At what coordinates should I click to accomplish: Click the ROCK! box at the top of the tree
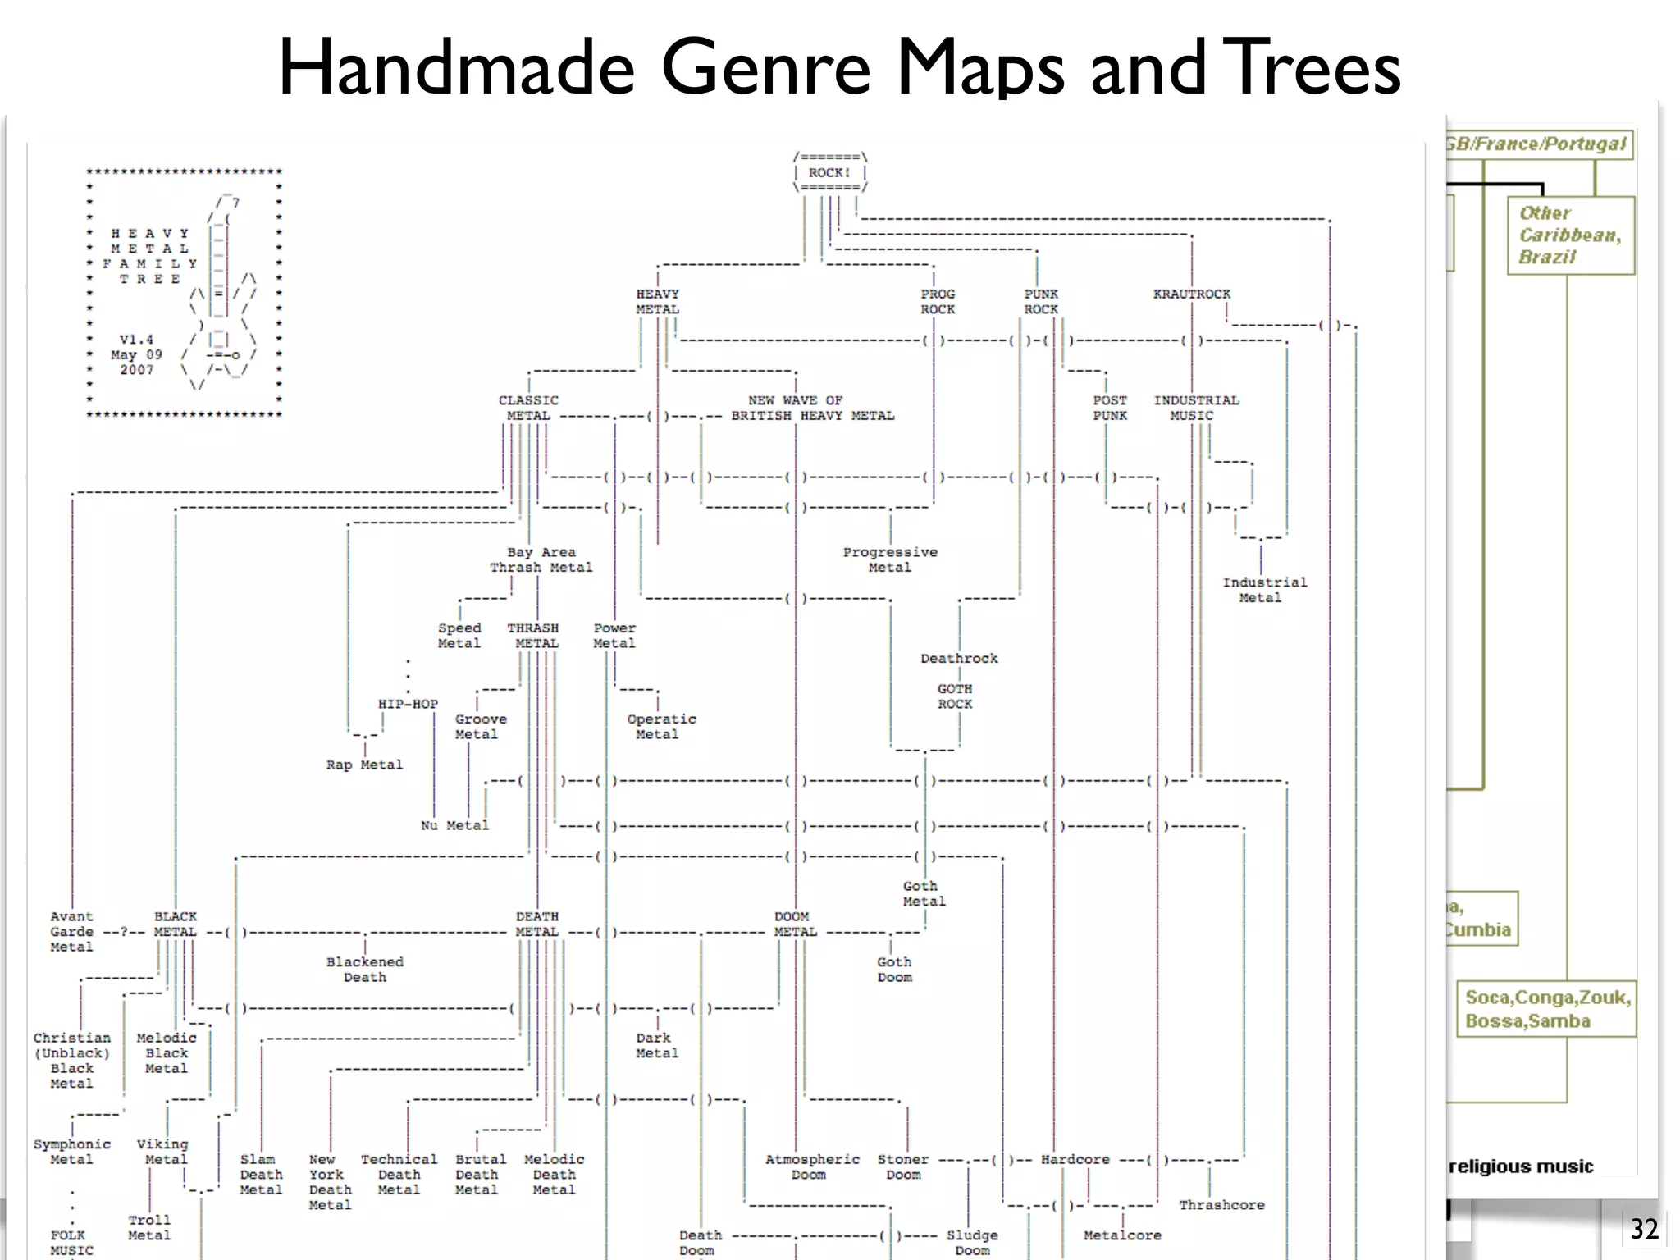829,172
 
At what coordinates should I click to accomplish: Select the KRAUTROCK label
1191,294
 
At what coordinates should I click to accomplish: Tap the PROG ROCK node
937,301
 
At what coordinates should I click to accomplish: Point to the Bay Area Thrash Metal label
541,559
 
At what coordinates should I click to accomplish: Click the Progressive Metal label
890,559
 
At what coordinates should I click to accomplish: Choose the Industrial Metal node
1264,590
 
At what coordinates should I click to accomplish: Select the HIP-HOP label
408,704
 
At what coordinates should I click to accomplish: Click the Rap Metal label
364,765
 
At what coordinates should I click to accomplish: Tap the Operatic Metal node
660,726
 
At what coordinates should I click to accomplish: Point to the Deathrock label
959,658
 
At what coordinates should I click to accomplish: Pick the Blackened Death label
364,969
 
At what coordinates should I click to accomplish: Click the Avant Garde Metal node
71,931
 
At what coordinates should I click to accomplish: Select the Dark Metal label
656,1045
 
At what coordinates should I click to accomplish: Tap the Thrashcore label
1221,1204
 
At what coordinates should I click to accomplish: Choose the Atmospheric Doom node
811,1166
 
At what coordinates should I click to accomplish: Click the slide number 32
1644,1229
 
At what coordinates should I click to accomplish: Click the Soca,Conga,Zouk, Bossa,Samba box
1546,1009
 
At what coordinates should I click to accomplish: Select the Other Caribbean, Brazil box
1569,235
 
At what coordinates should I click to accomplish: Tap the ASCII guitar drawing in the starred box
221,295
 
